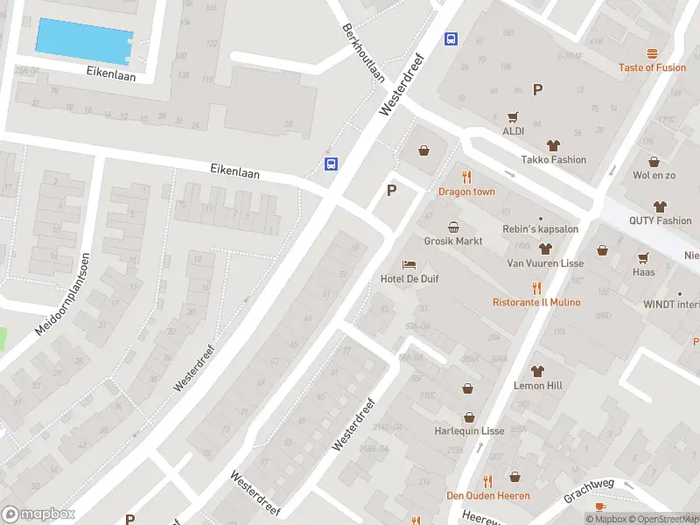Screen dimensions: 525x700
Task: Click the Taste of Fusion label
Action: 652,67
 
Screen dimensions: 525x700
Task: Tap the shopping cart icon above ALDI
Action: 513,116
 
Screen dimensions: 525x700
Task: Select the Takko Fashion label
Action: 553,159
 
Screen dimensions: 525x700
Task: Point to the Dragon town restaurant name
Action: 466,192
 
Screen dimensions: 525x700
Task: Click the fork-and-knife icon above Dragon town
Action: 466,178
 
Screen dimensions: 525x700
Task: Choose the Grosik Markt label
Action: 453,241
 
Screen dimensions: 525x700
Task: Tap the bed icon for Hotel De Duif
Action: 409,264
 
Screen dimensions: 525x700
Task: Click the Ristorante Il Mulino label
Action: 536,302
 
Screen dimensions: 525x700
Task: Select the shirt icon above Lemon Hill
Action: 537,371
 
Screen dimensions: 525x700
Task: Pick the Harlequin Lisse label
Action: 469,431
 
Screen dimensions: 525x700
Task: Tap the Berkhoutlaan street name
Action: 364,52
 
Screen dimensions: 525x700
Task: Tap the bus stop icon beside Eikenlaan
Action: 332,164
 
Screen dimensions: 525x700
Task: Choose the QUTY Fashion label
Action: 660,220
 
